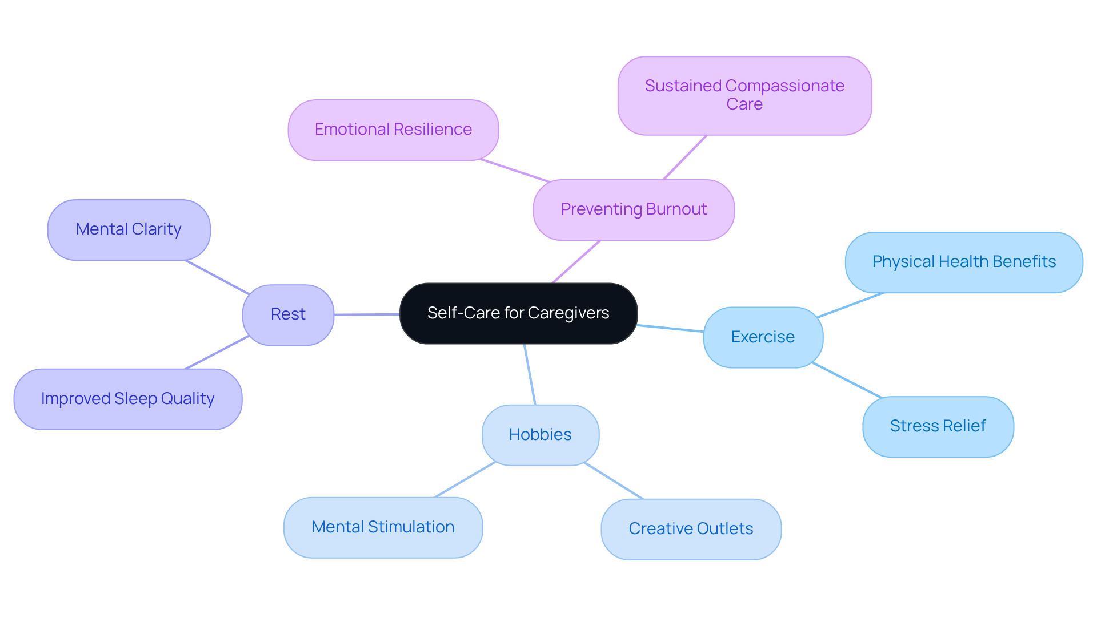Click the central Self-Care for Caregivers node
(518, 313)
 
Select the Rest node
(288, 314)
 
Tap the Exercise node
(763, 337)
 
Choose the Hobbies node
(540, 435)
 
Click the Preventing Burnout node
(634, 209)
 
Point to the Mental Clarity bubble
(129, 229)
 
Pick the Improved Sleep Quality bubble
(127, 399)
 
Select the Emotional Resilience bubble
(393, 130)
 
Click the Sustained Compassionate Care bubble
(744, 95)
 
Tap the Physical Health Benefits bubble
(964, 262)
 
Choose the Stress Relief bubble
(938, 426)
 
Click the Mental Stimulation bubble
(383, 527)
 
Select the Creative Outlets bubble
(691, 529)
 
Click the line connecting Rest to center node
(366, 314)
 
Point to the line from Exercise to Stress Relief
(847, 380)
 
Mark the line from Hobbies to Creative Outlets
(614, 480)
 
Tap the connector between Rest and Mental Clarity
(217, 277)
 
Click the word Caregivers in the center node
(568, 313)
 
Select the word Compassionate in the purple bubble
(784, 86)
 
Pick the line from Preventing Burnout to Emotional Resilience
(515, 171)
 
